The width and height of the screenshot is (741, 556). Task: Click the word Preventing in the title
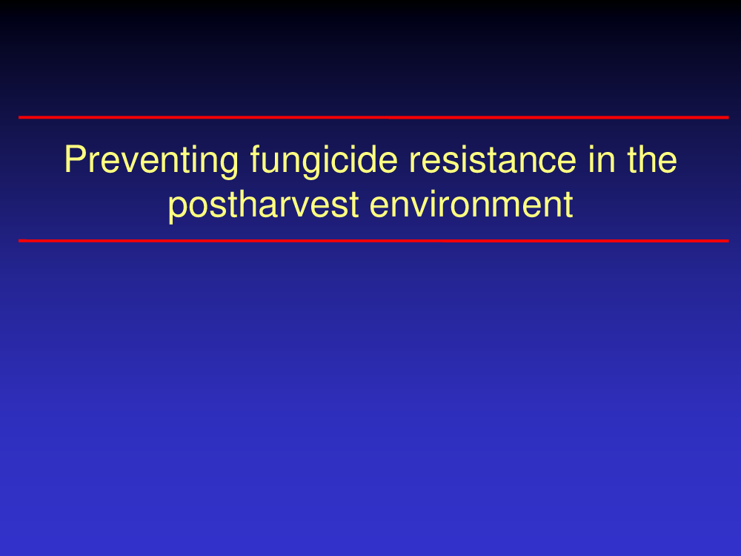click(151, 162)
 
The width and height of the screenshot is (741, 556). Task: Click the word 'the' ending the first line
click(652, 159)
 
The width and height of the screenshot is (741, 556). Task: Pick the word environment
click(471, 205)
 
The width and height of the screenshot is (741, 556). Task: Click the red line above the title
click(373, 117)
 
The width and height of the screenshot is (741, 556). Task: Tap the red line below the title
click(373, 241)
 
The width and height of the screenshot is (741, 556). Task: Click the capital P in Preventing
click(75, 159)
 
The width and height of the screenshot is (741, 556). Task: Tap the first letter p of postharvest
click(177, 210)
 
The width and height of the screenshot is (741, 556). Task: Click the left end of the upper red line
click(19, 117)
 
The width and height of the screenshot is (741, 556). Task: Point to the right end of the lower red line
click(728, 241)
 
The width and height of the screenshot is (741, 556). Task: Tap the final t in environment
click(568, 205)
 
